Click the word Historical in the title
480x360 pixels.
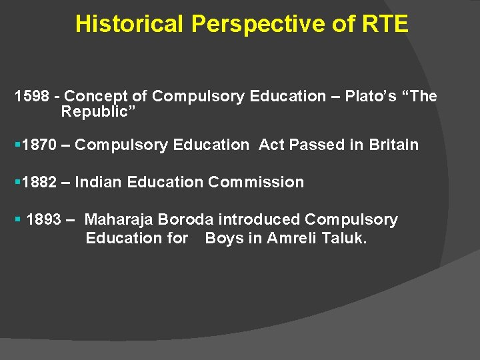click(129, 25)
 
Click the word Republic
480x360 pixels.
click(96, 112)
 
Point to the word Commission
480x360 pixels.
click(256, 182)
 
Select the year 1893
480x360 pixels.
click(44, 219)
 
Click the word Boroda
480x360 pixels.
click(185, 219)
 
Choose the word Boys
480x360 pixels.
click(225, 238)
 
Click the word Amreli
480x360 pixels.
click(291, 238)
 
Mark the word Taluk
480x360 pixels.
click(344, 238)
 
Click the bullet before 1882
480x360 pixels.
click(17, 182)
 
